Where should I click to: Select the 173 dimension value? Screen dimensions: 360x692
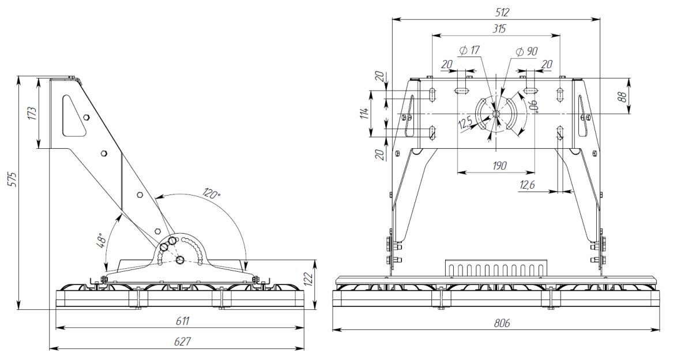pos(32,113)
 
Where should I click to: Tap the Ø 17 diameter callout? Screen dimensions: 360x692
pos(470,50)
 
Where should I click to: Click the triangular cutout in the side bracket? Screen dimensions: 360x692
pos(73,115)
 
